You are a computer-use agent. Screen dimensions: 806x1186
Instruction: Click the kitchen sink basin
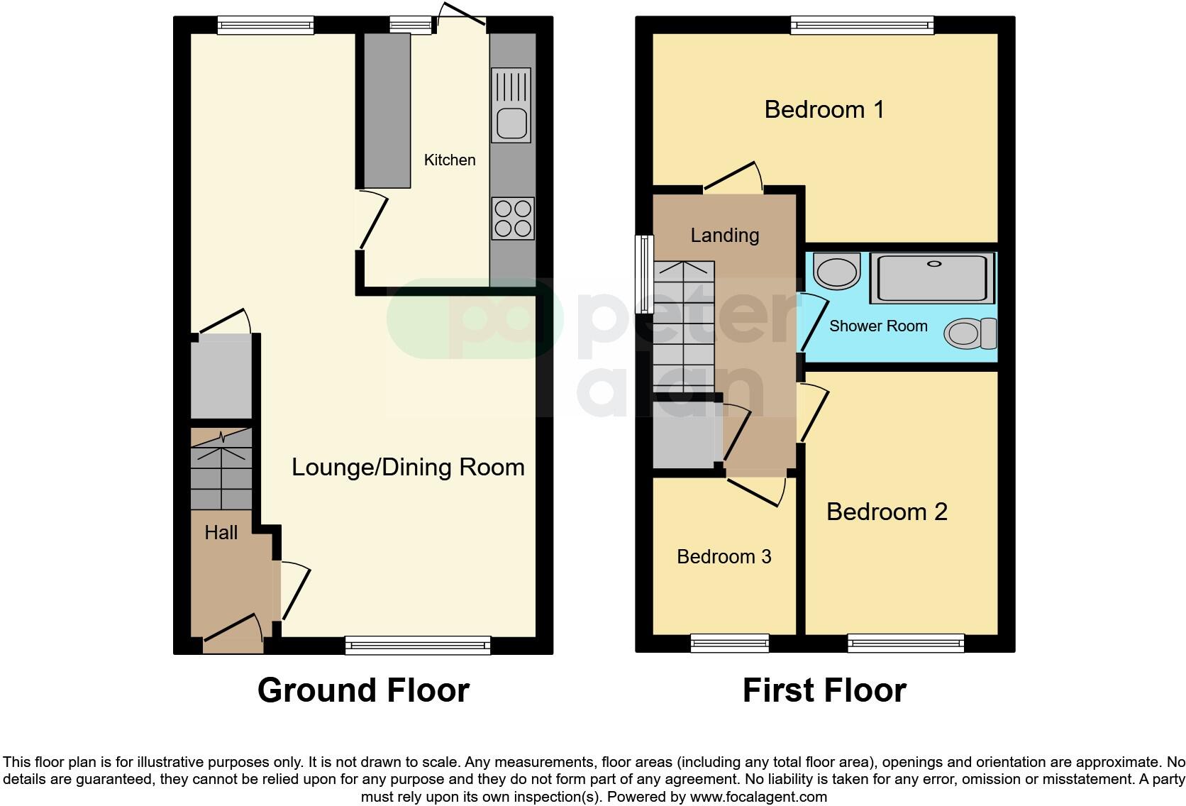pyautogui.click(x=511, y=123)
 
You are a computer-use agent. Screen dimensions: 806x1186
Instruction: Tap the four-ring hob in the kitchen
pyautogui.click(x=512, y=219)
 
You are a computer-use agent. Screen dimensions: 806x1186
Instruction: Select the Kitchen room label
pyautogui.click(x=450, y=160)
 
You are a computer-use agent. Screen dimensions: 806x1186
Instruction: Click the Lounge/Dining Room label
pyautogui.click(x=408, y=467)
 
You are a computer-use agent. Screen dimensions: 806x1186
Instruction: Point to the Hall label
pyautogui.click(x=221, y=533)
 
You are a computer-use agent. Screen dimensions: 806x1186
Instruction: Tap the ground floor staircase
pyautogui.click(x=221, y=468)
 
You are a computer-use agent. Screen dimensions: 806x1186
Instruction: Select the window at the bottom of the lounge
pyautogui.click(x=418, y=645)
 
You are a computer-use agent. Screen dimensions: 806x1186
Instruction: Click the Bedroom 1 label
pyautogui.click(x=824, y=109)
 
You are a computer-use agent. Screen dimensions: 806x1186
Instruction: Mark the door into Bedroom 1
pyautogui.click(x=732, y=177)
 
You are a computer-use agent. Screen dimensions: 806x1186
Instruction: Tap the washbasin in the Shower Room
pyautogui.click(x=836, y=271)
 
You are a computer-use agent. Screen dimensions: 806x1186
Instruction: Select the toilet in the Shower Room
pyautogui.click(x=969, y=333)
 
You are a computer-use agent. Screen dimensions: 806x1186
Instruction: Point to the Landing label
pyautogui.click(x=725, y=236)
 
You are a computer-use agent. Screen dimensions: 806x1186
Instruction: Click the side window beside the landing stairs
pyautogui.click(x=644, y=275)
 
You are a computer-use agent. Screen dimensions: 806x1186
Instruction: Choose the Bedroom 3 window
pyautogui.click(x=729, y=644)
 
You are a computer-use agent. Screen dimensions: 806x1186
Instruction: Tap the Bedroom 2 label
pyautogui.click(x=887, y=512)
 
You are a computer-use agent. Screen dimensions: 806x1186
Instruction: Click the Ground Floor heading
pyautogui.click(x=363, y=690)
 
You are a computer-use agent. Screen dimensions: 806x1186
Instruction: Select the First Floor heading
pyautogui.click(x=824, y=690)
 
